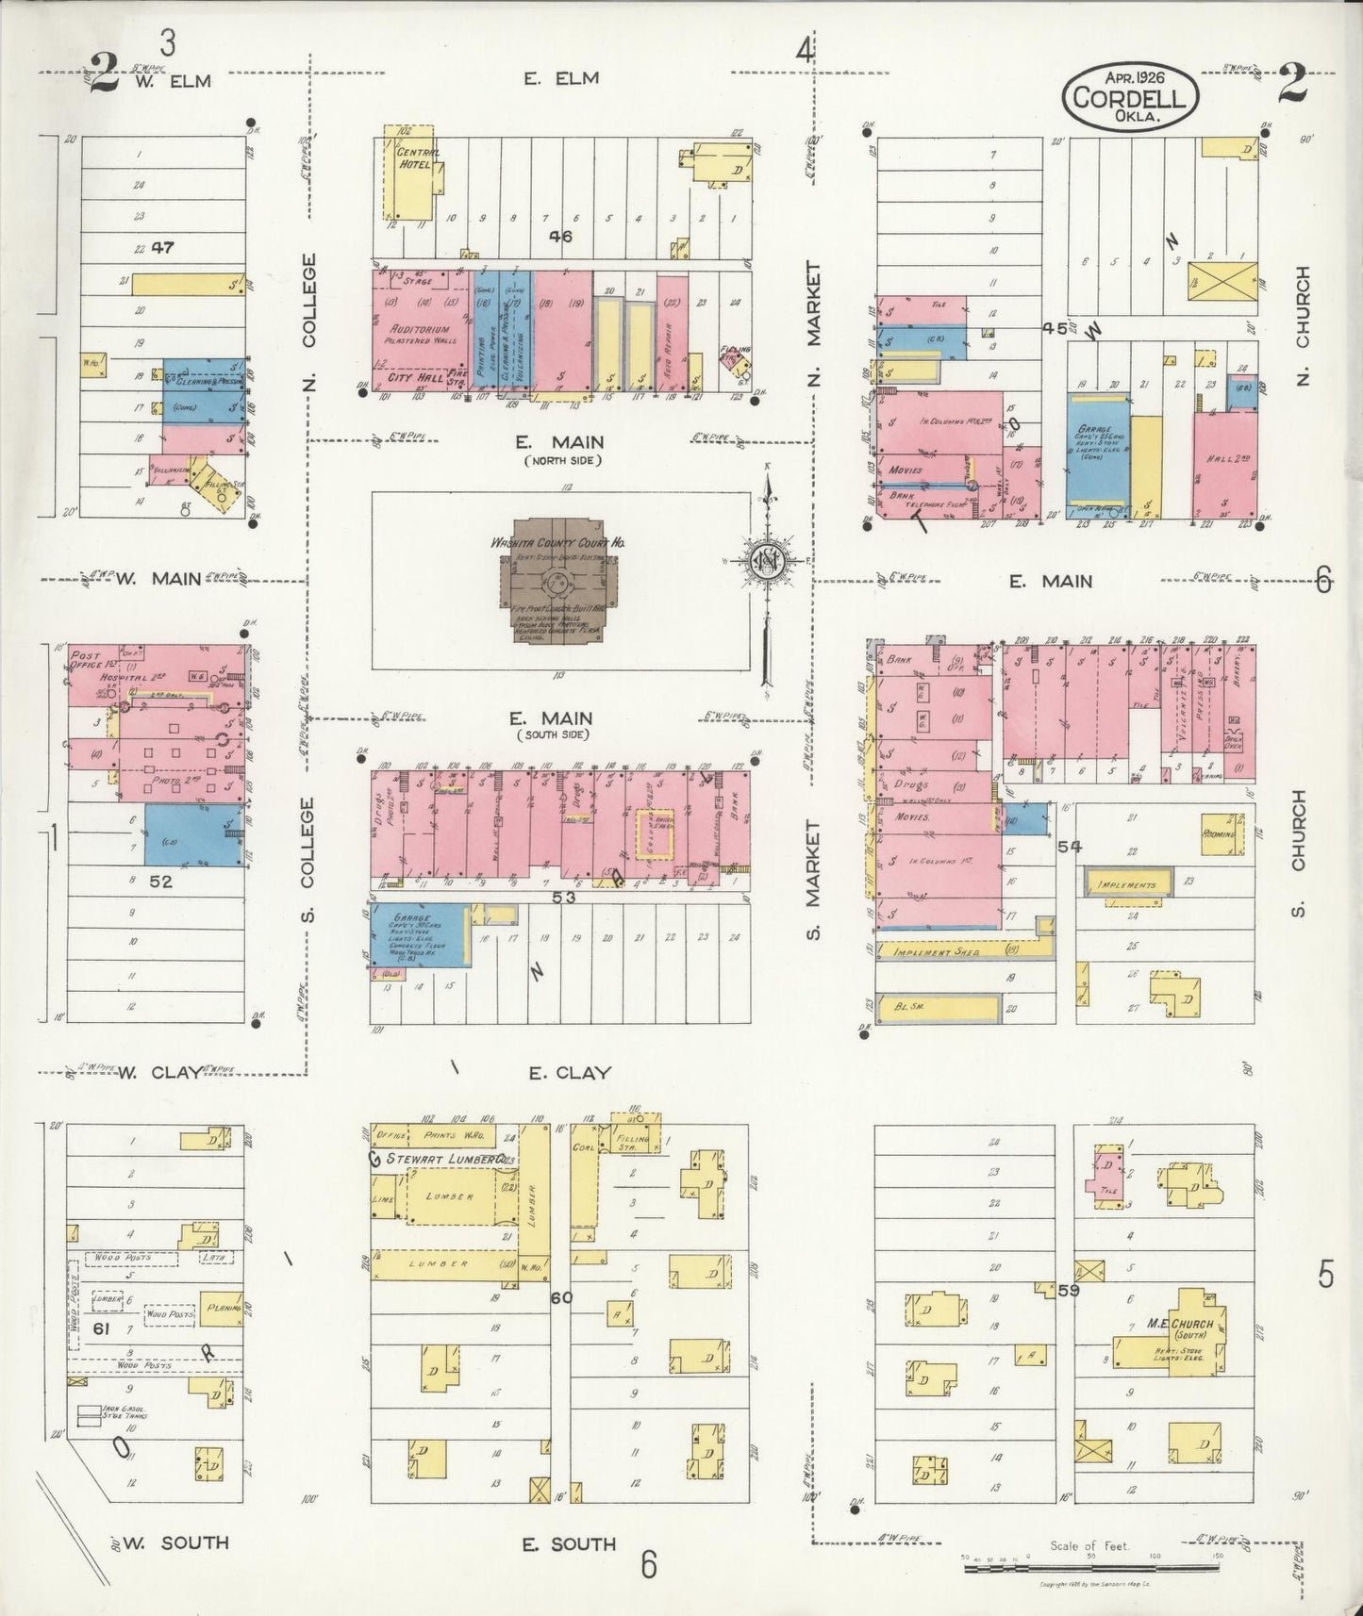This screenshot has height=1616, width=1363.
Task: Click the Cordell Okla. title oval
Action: tap(1130, 95)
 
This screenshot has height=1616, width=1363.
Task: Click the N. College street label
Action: tap(311, 321)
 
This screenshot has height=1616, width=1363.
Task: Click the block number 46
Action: tap(560, 237)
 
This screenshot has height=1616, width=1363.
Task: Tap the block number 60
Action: tap(561, 1297)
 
